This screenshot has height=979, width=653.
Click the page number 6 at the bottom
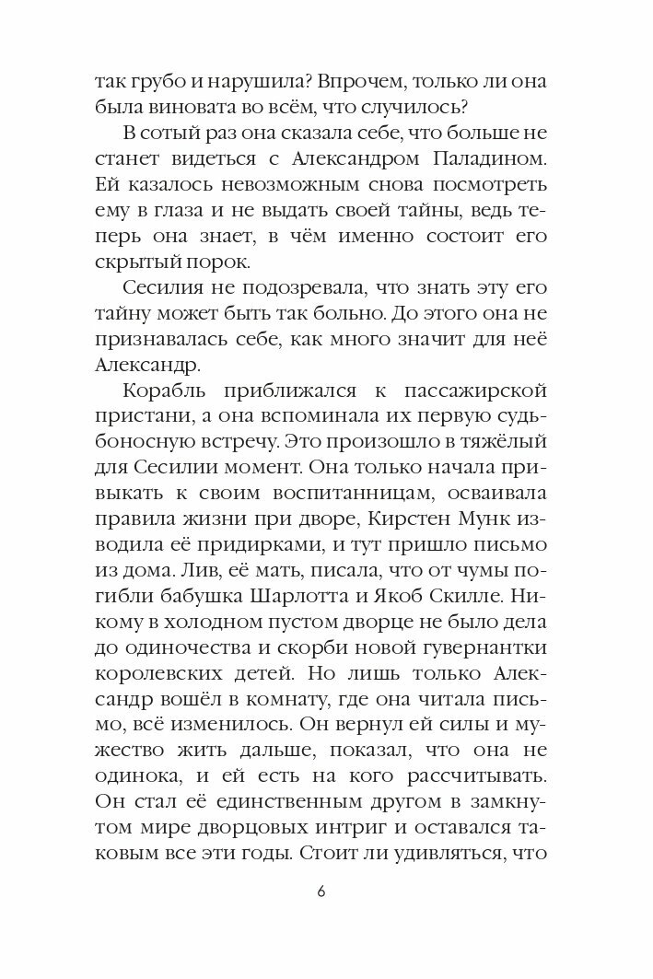click(x=321, y=893)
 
